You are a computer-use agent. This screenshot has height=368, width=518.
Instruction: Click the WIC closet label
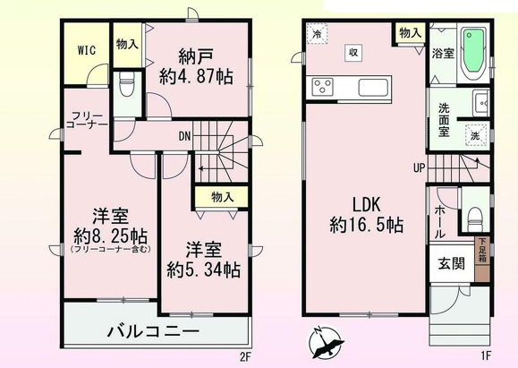[x=87, y=50]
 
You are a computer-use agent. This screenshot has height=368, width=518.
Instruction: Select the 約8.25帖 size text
[x=110, y=235]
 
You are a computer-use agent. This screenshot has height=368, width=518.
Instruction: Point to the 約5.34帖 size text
[x=203, y=270]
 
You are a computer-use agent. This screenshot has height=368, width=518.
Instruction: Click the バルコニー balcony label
[x=154, y=330]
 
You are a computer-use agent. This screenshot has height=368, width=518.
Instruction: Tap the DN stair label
[x=184, y=136]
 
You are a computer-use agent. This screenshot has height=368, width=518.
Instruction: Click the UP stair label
[x=419, y=168]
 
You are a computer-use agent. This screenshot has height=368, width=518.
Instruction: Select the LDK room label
[x=367, y=204]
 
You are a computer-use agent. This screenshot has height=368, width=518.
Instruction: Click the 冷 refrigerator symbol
[x=317, y=33]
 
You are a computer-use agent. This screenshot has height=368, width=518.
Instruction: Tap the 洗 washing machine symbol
[x=475, y=135]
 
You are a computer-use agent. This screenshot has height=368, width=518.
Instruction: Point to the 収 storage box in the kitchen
[x=353, y=53]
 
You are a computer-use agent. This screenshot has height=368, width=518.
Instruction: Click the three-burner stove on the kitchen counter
[x=320, y=87]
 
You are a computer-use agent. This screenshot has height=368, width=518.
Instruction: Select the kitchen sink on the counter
[x=373, y=88]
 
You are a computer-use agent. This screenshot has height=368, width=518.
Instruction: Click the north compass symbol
[x=326, y=343]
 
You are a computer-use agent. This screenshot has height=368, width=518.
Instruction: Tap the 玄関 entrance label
[x=451, y=263]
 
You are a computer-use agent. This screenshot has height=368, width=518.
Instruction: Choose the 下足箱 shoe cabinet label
[x=482, y=251]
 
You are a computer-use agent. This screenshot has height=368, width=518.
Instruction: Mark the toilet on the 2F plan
[x=127, y=83]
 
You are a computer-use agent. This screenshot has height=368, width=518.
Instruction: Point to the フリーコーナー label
[x=87, y=120]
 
